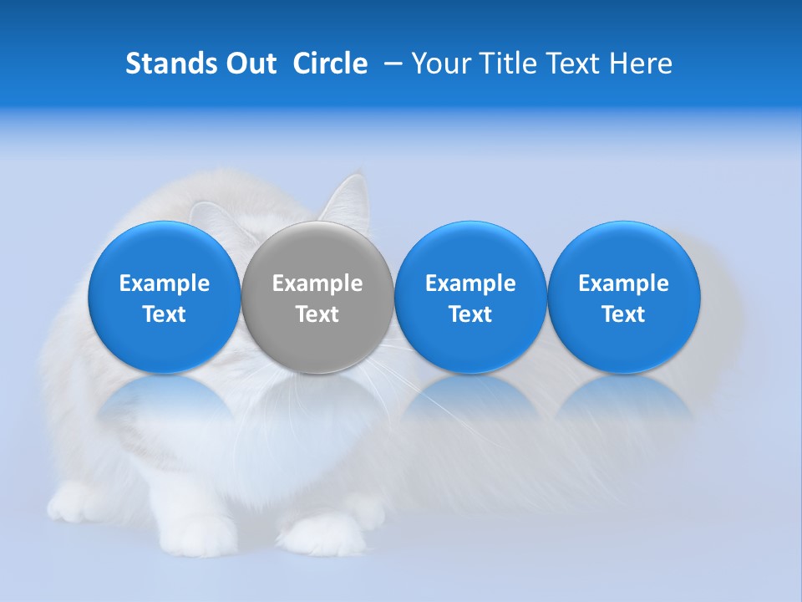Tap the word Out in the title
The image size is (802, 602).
click(x=248, y=64)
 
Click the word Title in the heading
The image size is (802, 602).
click(x=505, y=64)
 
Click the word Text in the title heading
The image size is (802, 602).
click(x=574, y=64)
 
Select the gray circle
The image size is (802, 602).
click(x=317, y=297)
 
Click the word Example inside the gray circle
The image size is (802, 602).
click(x=317, y=283)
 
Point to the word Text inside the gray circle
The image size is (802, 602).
click(x=317, y=314)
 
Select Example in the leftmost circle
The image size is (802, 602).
click(x=165, y=283)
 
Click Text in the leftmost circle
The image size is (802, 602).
click(x=165, y=314)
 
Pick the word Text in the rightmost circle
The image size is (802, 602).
click(x=624, y=314)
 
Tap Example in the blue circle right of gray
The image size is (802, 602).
click(x=470, y=283)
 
